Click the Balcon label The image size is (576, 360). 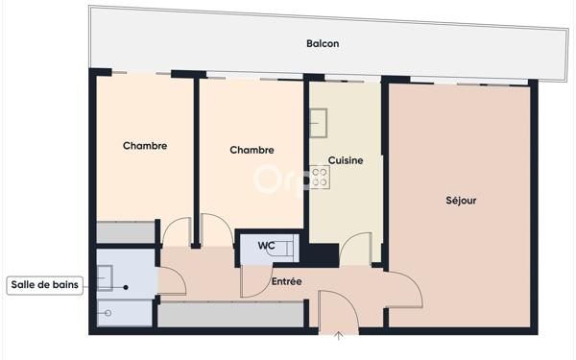pyautogui.click(x=323, y=44)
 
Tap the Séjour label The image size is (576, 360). pyautogui.click(x=461, y=201)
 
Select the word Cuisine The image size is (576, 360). pyautogui.click(x=346, y=160)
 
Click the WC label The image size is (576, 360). pyautogui.click(x=267, y=246)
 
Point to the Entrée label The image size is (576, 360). pyautogui.click(x=287, y=281)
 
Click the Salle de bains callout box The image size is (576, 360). pyautogui.click(x=45, y=284)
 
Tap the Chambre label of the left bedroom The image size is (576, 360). pyautogui.click(x=145, y=146)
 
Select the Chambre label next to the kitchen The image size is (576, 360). pyautogui.click(x=252, y=150)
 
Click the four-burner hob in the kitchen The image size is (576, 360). pyautogui.click(x=321, y=177)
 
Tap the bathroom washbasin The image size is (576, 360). pyautogui.click(x=105, y=278)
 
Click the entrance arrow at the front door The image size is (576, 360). pyautogui.click(x=338, y=335)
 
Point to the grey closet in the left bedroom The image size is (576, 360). pyautogui.click(x=126, y=233)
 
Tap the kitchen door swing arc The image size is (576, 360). pyautogui.click(x=355, y=249)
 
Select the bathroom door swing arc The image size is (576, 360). pyautogui.click(x=171, y=279)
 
